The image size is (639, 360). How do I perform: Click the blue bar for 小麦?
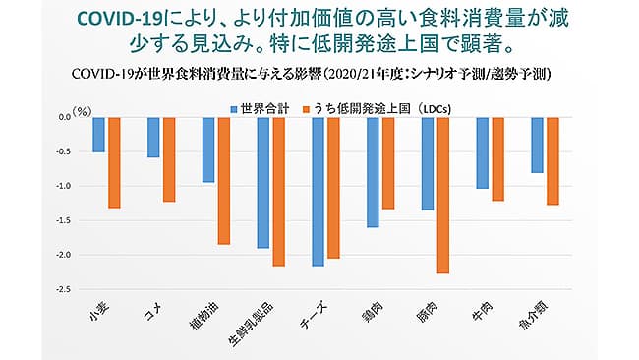point(98,135)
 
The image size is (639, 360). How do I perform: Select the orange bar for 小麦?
point(114,162)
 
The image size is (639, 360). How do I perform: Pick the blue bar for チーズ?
point(318,192)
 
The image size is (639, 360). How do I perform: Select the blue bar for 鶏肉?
point(373,172)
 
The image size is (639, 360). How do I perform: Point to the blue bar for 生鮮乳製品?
point(262,182)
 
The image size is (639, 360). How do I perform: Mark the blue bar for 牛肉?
point(482,152)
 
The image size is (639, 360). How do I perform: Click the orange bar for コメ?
point(168,159)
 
